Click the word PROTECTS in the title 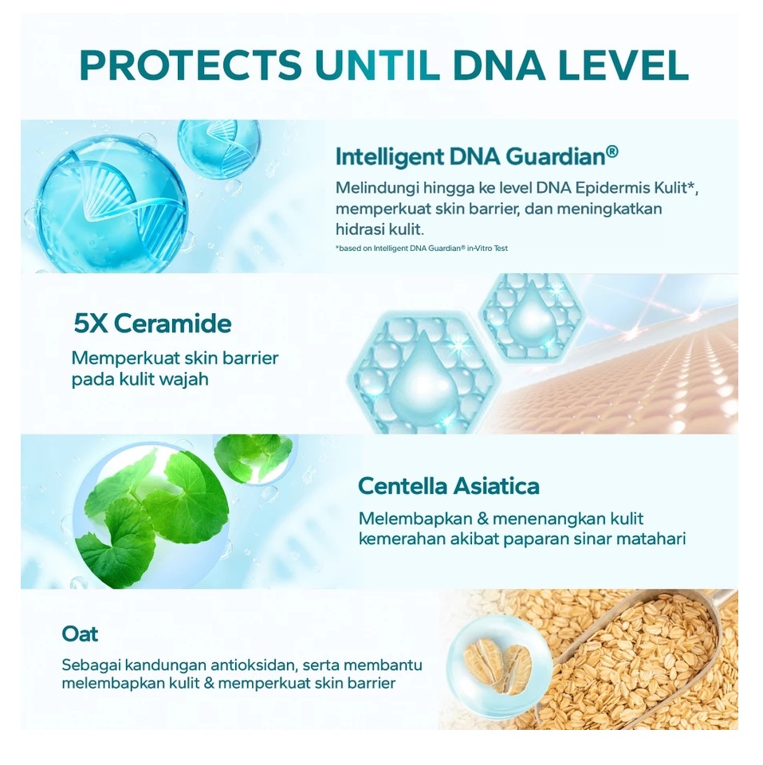[x=191, y=65]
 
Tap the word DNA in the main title [x=498, y=65]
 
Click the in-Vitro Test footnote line [x=422, y=249]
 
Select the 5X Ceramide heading [x=153, y=324]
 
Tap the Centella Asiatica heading [x=449, y=486]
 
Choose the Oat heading [x=80, y=634]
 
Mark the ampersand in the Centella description [x=483, y=519]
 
